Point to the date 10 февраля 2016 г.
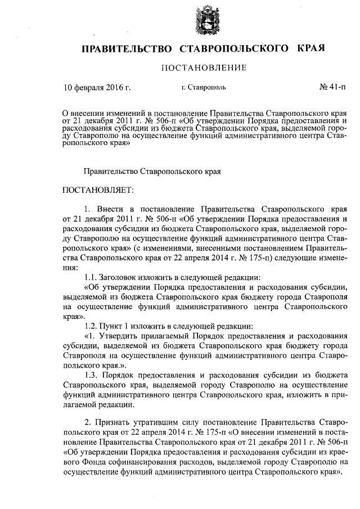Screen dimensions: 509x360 click(97, 87)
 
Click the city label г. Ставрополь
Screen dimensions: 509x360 click(204, 88)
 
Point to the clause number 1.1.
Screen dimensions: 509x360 click(90, 277)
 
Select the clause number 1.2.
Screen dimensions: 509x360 click(90, 326)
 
